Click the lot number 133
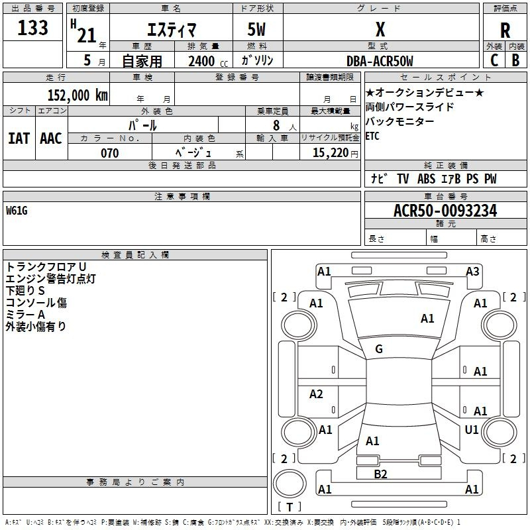32,28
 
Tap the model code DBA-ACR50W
380,61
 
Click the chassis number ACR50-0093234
445,211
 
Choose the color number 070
109,153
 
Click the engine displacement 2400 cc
202,61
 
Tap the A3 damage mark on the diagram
472,271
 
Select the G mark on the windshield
379,349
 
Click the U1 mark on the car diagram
472,430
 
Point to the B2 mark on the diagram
380,474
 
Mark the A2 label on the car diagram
317,394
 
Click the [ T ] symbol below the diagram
289,507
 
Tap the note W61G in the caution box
17,211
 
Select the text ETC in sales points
373,136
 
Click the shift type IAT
19,138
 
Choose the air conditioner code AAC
51,138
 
